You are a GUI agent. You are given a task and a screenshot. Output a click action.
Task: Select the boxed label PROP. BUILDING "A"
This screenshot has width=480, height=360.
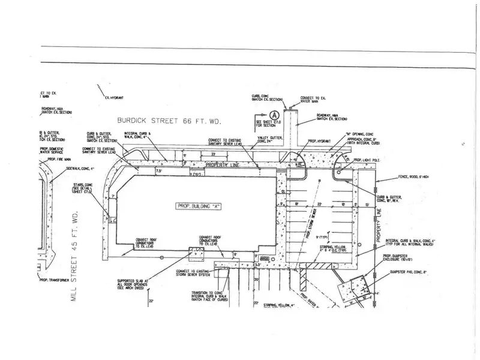pyautogui.click(x=199, y=206)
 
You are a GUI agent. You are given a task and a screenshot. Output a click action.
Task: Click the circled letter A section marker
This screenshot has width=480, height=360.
pyautogui.click(x=274, y=113)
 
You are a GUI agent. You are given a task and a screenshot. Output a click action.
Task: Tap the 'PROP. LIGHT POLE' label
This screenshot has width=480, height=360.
pyautogui.click(x=368, y=160)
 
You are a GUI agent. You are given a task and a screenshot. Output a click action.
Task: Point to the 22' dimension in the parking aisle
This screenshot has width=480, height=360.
pyautogui.click(x=320, y=205)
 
